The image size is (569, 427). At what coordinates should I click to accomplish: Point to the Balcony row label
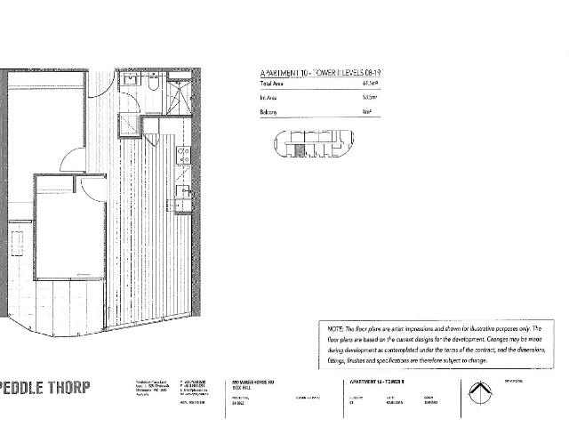click(x=268, y=112)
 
